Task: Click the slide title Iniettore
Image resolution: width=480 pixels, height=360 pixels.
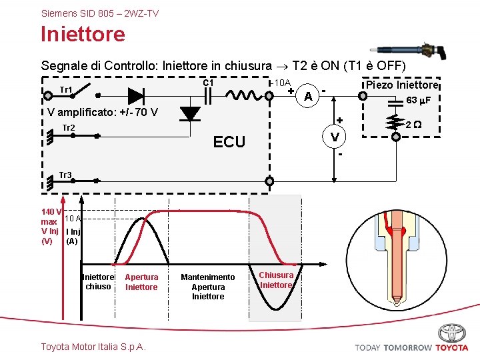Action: [x=83, y=34]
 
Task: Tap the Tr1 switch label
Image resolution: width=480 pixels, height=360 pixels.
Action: [x=66, y=90]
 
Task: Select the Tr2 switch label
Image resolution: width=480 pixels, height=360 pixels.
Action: [x=68, y=128]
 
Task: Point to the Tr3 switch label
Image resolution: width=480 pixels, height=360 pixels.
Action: [x=65, y=175]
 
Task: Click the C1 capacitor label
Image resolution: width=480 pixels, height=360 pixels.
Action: [x=208, y=83]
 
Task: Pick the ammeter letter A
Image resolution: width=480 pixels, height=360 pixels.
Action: [x=307, y=97]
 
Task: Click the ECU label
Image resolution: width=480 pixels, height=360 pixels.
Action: [x=229, y=141]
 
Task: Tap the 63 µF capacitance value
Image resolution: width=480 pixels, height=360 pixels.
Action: [x=419, y=100]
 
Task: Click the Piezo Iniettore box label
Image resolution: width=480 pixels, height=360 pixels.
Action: [x=401, y=85]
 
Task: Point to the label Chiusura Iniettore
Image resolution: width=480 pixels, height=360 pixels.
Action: [x=276, y=280]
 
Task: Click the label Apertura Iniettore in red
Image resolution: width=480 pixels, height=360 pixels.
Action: [x=141, y=282]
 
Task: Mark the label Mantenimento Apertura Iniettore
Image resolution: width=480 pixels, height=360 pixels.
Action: [x=208, y=287]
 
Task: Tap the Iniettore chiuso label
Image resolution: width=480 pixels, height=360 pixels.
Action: [x=98, y=282]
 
